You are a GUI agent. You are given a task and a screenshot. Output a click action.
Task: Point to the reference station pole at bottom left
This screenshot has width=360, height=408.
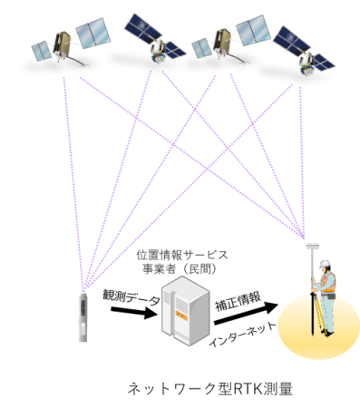(x=83, y=316)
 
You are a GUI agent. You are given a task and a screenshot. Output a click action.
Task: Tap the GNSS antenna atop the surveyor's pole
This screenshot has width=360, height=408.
(x=311, y=247)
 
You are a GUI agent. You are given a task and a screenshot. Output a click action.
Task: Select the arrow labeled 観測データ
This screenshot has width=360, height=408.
(x=133, y=313)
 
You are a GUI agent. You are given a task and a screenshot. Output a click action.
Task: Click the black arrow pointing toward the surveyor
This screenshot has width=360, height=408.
(x=246, y=313)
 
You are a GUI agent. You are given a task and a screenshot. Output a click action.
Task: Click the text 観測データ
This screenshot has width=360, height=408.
(x=131, y=297)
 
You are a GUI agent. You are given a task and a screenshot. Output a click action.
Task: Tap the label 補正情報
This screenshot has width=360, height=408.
(x=238, y=301)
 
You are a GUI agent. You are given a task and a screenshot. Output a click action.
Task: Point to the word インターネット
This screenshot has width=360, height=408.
(x=242, y=335)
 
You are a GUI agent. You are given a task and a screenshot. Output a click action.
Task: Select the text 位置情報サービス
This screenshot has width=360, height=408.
(x=182, y=255)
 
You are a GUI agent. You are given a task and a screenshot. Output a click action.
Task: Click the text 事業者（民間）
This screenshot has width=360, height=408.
(x=180, y=268)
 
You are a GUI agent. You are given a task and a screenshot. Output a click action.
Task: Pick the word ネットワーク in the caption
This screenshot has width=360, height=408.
(x=172, y=389)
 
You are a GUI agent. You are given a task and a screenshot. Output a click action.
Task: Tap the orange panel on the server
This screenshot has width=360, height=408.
(x=181, y=316)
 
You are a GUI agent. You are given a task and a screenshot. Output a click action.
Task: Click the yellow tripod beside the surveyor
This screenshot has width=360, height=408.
(x=319, y=315)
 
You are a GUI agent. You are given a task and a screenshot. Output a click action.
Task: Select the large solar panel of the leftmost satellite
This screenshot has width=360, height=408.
(x=93, y=34)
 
